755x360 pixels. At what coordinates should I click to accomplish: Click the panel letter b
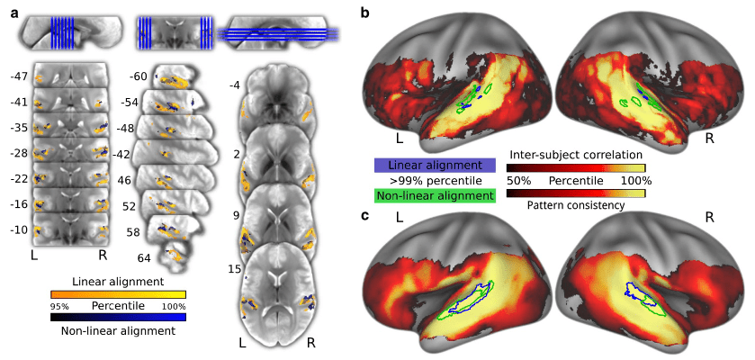tap(363, 11)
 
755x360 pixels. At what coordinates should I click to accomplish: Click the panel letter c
tap(363, 216)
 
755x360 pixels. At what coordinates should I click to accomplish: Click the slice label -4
tap(233, 85)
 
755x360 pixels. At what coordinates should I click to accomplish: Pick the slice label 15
tap(234, 267)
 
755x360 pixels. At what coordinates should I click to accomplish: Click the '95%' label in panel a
tap(60, 306)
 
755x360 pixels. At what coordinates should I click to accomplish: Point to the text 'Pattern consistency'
tap(576, 206)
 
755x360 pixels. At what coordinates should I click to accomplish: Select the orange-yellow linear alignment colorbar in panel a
tap(119, 293)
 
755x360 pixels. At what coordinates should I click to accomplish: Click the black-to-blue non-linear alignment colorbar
tap(119, 317)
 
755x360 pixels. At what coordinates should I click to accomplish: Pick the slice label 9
tap(236, 216)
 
